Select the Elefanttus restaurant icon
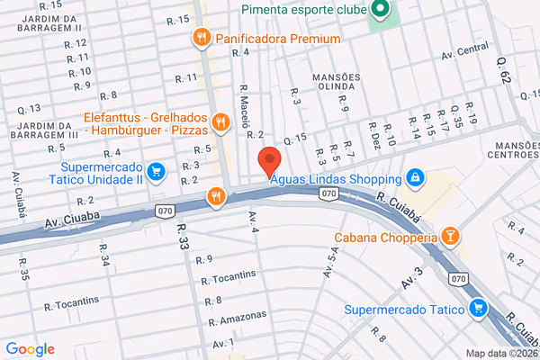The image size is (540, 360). click(x=220, y=121)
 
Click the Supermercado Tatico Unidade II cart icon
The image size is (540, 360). click(x=157, y=170)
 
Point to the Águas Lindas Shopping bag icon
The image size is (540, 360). click(x=415, y=177)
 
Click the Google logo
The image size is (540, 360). click(x=30, y=349)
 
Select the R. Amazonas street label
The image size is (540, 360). click(x=237, y=319)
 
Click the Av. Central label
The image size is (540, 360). click(x=465, y=54)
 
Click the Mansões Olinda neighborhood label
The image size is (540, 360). click(x=336, y=83)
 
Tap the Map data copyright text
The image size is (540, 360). click(x=499, y=352)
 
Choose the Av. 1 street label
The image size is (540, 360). click(x=224, y=345)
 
